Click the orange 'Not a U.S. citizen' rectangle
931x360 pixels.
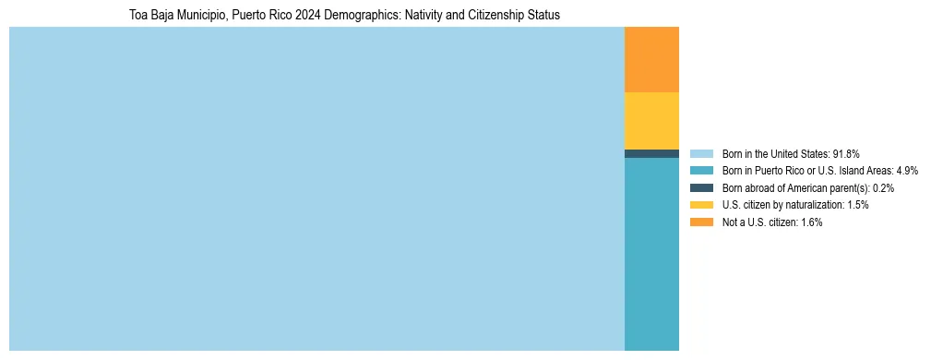pyautogui.click(x=651, y=59)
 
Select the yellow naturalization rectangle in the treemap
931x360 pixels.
pyautogui.click(x=651, y=120)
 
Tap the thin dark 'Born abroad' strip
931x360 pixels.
pyautogui.click(x=651, y=153)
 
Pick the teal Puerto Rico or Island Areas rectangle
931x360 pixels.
pyautogui.click(x=651, y=254)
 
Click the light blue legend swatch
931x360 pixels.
pyautogui.click(x=701, y=153)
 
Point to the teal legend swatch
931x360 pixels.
pyautogui.click(x=701, y=171)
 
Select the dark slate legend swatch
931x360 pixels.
pyautogui.click(x=701, y=187)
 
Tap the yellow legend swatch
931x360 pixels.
pyautogui.click(x=701, y=205)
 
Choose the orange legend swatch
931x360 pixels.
pyautogui.click(x=701, y=222)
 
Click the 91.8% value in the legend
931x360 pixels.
pyautogui.click(x=846, y=153)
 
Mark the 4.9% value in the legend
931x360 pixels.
pyautogui.click(x=879, y=171)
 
